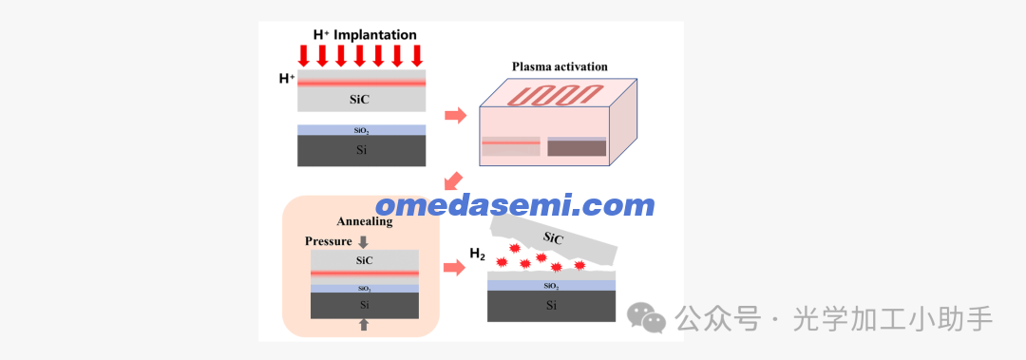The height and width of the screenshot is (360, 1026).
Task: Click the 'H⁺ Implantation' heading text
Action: click(365, 34)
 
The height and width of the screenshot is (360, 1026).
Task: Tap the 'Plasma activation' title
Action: click(560, 66)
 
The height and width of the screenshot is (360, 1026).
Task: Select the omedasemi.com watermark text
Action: click(516, 205)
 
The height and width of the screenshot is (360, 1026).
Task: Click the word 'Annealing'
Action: click(365, 222)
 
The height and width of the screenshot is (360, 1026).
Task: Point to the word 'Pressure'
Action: click(329, 241)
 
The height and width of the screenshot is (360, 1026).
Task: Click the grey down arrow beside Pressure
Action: click(363, 241)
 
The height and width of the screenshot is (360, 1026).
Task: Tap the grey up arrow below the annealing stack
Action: click(364, 325)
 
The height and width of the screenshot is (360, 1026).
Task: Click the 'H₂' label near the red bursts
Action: click(477, 254)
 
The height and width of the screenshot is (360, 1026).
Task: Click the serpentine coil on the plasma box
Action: click(559, 95)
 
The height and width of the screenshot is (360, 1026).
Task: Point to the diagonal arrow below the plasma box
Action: click(452, 181)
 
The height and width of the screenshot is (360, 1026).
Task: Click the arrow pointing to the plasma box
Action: click(455, 116)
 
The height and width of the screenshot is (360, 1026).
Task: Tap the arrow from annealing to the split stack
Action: click(454, 267)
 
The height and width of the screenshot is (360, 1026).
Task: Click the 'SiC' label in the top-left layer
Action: click(362, 100)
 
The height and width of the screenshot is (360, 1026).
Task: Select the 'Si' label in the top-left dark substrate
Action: click(361, 150)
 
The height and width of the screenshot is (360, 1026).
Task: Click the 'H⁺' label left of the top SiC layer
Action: click(287, 79)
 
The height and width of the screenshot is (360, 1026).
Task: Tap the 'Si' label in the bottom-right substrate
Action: click(552, 305)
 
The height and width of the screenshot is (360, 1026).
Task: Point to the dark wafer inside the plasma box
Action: click(578, 147)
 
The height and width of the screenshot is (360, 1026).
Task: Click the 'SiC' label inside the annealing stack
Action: click(364, 260)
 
